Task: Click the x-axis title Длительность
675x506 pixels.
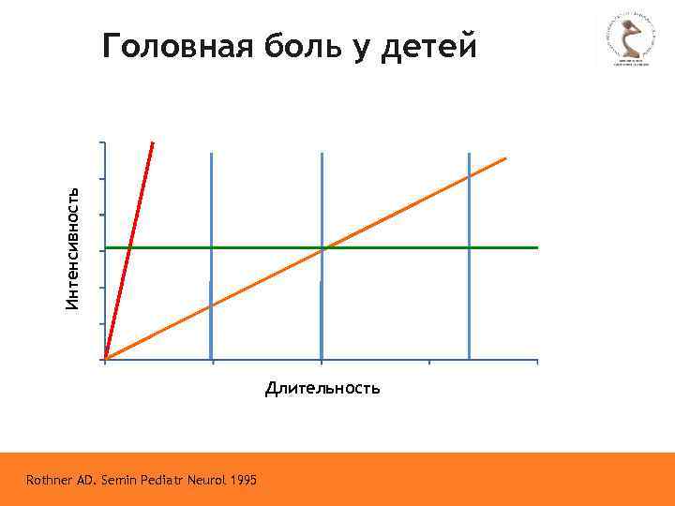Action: (x=322, y=388)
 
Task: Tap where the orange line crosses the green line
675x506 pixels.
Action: (x=322, y=247)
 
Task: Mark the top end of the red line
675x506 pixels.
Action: (x=152, y=143)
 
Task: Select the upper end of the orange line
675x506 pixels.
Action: (x=504, y=159)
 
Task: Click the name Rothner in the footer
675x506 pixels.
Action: (x=52, y=481)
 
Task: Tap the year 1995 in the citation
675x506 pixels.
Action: (x=241, y=481)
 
